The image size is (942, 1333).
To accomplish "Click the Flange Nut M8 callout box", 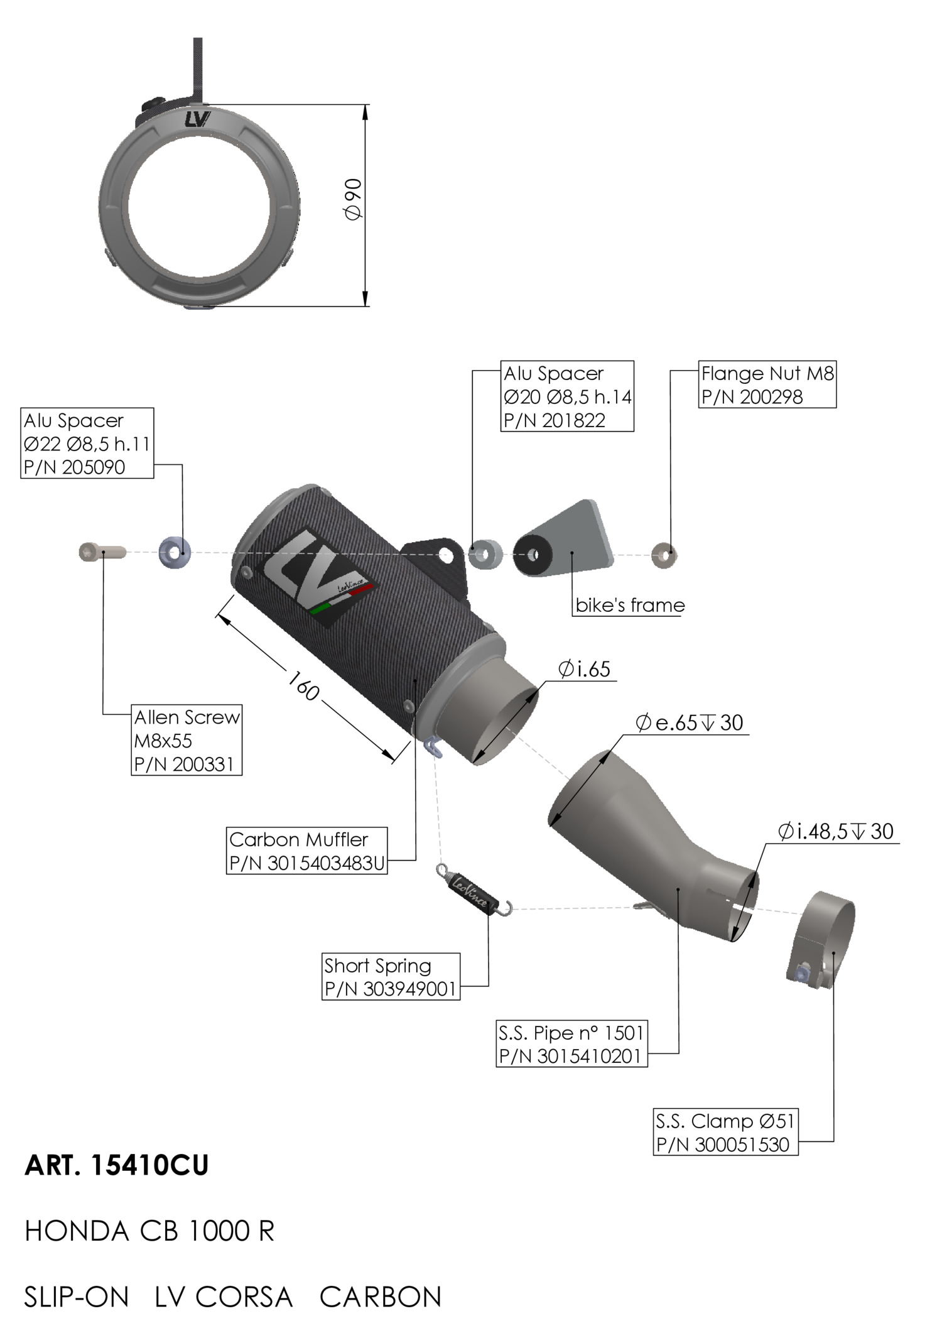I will [767, 384].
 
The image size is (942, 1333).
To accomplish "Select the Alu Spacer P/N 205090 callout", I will [87, 443].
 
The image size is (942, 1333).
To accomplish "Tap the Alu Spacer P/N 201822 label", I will [567, 396].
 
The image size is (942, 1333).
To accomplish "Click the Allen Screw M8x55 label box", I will [187, 740].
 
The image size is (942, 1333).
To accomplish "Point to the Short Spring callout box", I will [391, 977].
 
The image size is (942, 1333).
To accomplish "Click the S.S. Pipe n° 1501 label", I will [571, 1044].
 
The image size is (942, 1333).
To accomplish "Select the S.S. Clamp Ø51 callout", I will [725, 1133].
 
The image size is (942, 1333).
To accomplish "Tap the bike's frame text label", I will [630, 606].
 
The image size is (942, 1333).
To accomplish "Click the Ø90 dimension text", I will [354, 200].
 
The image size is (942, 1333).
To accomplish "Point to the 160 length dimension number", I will [304, 686].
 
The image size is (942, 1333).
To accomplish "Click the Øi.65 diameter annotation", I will [585, 670].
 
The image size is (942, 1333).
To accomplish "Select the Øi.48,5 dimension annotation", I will [836, 832].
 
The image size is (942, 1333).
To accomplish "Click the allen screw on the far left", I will [102, 553].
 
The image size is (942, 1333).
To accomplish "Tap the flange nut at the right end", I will [664, 555].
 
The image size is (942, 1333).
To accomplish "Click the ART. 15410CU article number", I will [117, 1165].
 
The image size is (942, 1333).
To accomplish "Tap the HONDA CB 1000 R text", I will [149, 1231].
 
